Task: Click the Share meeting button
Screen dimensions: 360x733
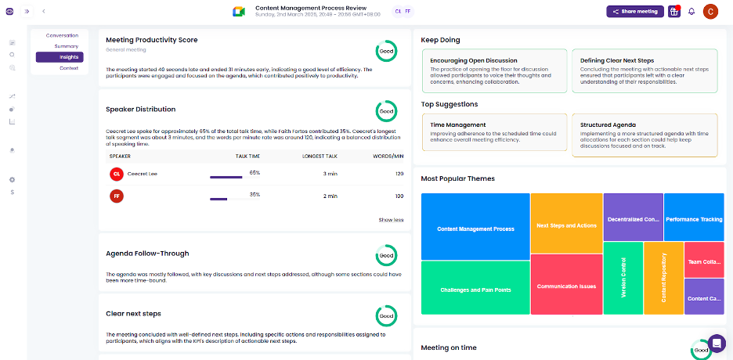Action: click(634, 12)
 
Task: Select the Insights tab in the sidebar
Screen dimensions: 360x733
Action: click(60, 57)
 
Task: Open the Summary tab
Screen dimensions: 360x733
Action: click(66, 46)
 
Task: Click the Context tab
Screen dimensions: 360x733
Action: click(68, 68)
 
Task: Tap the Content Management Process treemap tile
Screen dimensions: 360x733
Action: click(475, 229)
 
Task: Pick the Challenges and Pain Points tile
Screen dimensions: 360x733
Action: click(475, 290)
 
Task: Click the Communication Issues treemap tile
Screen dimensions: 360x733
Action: click(566, 286)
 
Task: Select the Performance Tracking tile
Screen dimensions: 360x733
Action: click(694, 219)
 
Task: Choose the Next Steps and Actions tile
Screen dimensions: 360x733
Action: click(566, 225)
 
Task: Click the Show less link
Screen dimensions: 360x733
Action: click(391, 220)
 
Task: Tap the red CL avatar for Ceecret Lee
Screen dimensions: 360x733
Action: click(117, 174)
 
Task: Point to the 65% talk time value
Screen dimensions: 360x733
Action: click(255, 172)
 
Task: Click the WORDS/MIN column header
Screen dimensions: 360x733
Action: click(388, 157)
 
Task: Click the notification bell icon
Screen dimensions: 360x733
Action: click(691, 12)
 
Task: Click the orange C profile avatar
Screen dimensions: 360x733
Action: click(711, 12)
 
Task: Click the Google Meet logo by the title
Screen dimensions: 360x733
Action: click(239, 11)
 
